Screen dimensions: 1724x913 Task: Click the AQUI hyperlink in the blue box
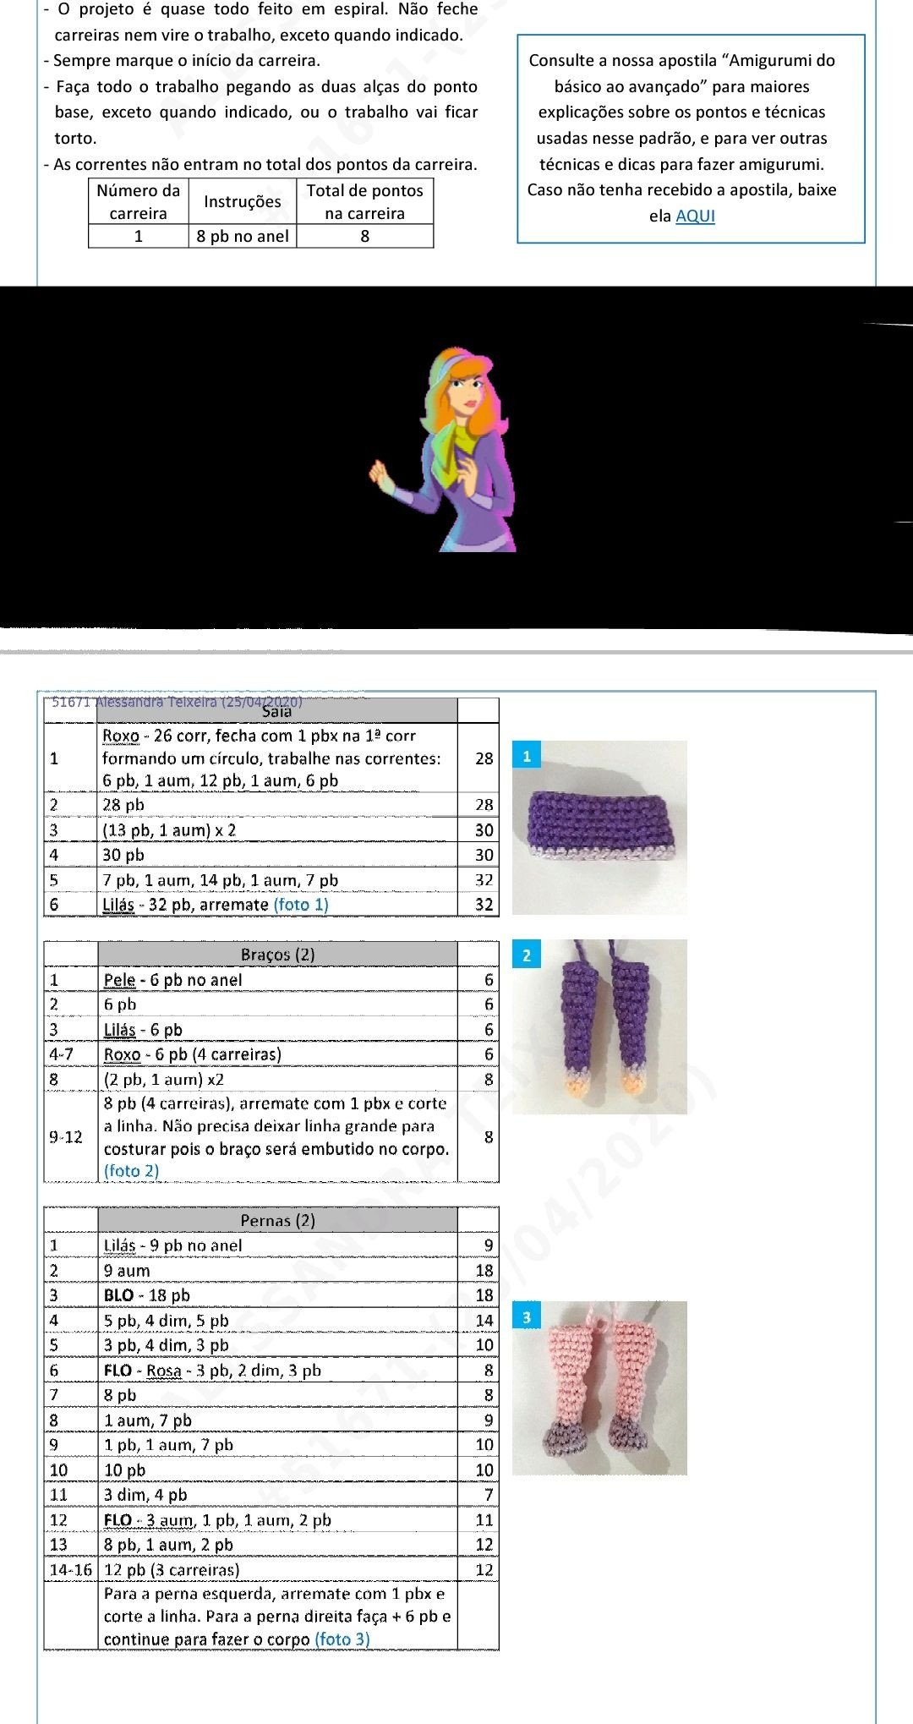click(x=695, y=216)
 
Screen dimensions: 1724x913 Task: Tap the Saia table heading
click(x=276, y=711)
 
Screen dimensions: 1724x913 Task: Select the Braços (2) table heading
click(x=277, y=954)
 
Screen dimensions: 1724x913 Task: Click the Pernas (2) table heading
click(x=277, y=1219)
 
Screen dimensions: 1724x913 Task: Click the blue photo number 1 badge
click(x=526, y=756)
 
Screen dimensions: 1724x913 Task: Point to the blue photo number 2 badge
click(x=526, y=955)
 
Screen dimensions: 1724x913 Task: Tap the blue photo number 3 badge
click(x=526, y=1317)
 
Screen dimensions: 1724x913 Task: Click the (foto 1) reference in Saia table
click(x=301, y=905)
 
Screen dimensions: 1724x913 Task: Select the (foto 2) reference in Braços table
click(x=131, y=1170)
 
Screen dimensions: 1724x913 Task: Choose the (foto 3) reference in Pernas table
click(x=342, y=1639)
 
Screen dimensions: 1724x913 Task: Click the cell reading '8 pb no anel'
click(x=243, y=236)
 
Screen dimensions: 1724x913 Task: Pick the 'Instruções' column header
click(x=243, y=201)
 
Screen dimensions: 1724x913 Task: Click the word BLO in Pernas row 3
click(x=118, y=1295)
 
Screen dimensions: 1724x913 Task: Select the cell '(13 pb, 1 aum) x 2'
click(x=169, y=829)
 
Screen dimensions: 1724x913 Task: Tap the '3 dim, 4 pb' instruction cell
click(x=145, y=1495)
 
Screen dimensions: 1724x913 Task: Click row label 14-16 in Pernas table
click(x=70, y=1570)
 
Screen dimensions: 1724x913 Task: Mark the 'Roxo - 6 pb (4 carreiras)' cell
click(x=193, y=1054)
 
